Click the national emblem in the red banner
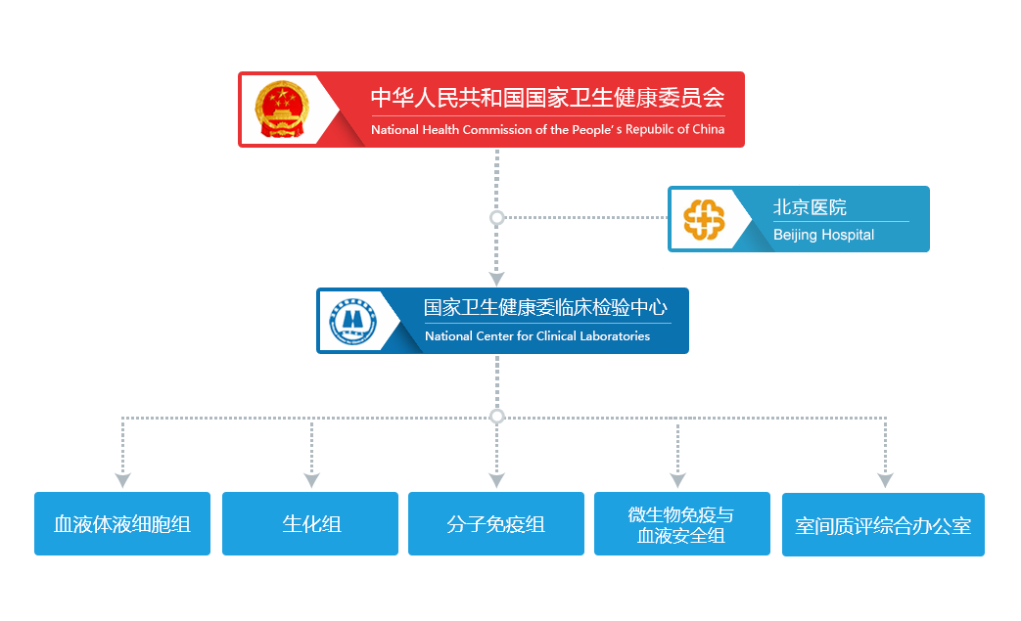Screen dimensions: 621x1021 [x=282, y=109]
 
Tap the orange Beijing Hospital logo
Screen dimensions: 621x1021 [x=704, y=219]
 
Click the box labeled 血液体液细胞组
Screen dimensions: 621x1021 [x=122, y=523]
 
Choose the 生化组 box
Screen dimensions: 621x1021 [x=310, y=523]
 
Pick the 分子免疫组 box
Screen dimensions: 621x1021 [x=495, y=523]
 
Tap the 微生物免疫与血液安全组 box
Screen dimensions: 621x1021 [x=681, y=524]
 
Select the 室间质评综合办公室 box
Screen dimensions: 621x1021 [x=882, y=525]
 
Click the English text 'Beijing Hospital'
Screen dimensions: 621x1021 [x=823, y=235]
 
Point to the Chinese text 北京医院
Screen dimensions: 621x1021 [x=810, y=207]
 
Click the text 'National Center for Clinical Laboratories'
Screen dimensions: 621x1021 [x=536, y=336]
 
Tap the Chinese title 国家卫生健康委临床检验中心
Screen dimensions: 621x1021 [x=545, y=308]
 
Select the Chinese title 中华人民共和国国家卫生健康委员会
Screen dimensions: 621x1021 [x=546, y=98]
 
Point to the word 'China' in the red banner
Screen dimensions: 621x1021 [x=708, y=129]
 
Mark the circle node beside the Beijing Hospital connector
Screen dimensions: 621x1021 [x=496, y=217]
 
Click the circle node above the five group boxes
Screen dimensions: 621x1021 [x=496, y=417]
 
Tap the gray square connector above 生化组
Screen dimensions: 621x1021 [x=311, y=480]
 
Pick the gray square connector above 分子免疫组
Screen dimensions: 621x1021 [x=496, y=480]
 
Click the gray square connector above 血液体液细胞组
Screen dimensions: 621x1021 [x=122, y=480]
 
